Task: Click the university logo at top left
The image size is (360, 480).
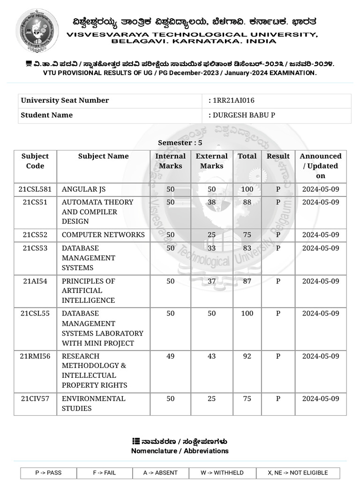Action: coord(37,30)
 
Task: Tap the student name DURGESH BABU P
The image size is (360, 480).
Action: coord(244,115)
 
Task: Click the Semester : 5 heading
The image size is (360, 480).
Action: coord(180,142)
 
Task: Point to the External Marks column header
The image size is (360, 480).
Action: coord(212,161)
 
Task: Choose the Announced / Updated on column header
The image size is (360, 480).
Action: coord(321,166)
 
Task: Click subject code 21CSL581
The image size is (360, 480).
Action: coord(35,189)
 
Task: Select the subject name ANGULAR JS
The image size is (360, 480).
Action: coord(84,189)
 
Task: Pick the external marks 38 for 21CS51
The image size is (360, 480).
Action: coord(212,202)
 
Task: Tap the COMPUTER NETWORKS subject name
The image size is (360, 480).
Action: coord(103,235)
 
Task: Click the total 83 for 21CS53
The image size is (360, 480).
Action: coord(247,248)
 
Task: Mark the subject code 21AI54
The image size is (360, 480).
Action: coord(35,281)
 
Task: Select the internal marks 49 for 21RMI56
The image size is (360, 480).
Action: coord(171,356)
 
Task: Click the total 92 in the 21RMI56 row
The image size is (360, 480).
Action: coord(247,356)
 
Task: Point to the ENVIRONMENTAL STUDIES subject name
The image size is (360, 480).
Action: coord(93,403)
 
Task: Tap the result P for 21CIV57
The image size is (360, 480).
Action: coord(278,398)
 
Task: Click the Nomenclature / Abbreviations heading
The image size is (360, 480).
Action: coord(180,451)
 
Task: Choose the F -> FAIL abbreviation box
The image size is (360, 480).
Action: coord(105,472)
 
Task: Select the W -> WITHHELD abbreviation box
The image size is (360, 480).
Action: coord(217,472)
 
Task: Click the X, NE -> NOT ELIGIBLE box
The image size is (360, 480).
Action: coord(298,472)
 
